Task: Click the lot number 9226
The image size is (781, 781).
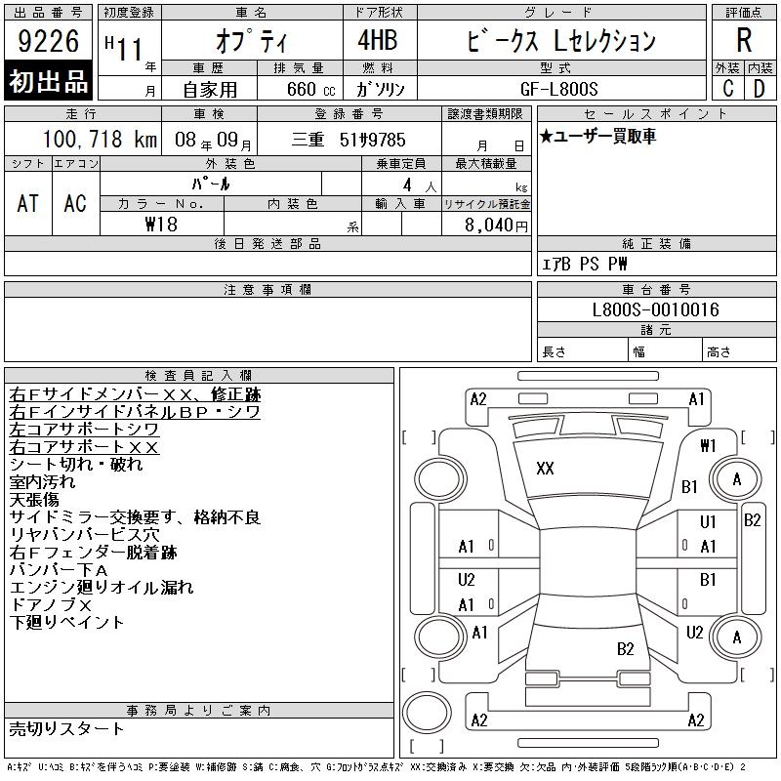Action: point(48,41)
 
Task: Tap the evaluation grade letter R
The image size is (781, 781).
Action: point(744,40)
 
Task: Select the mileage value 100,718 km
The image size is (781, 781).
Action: point(100,139)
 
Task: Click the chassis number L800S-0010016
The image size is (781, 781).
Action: point(655,309)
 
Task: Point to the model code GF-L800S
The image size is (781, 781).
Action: point(558,89)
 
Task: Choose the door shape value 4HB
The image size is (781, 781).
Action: point(378,40)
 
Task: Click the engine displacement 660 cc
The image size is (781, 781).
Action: point(310,89)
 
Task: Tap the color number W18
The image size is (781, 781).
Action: point(161,225)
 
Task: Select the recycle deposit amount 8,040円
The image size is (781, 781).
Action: point(496,225)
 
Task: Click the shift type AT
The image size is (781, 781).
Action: point(28,203)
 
